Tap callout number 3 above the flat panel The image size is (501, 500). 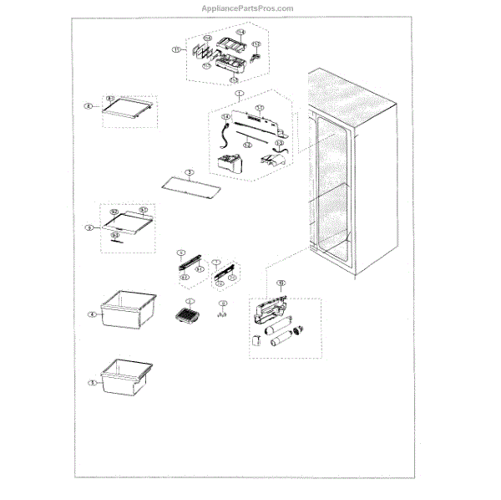coord(190,171)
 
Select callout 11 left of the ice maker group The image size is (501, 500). coord(176,50)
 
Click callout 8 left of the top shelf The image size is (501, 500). coord(88,106)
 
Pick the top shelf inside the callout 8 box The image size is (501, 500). coord(129,105)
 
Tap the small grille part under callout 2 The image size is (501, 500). coord(190,316)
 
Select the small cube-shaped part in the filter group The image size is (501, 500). coord(257,341)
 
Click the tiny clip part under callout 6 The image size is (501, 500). coord(223,314)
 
